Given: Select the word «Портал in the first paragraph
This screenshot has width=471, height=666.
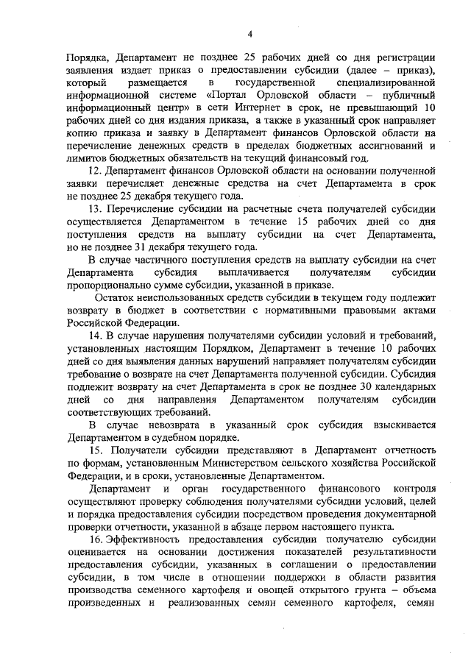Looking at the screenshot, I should (x=230, y=96).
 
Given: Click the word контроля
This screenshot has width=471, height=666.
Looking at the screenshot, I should (x=414, y=489).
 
